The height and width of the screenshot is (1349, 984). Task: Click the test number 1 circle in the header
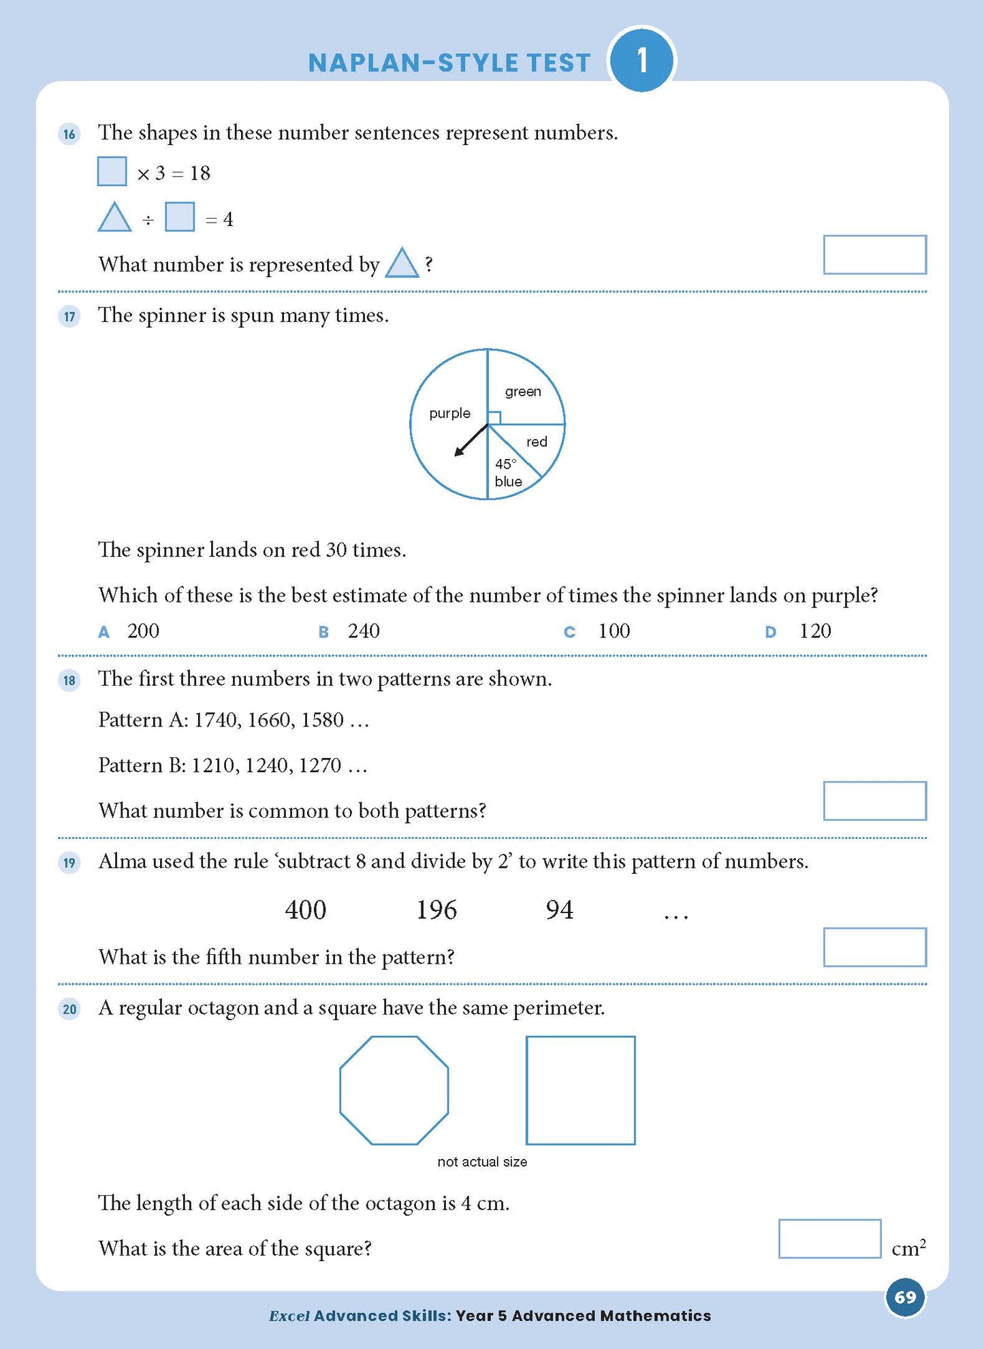tap(641, 61)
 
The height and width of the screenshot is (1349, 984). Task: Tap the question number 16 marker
tap(69, 133)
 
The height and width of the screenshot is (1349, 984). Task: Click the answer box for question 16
tap(874, 255)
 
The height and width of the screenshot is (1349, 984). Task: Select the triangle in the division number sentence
tap(114, 218)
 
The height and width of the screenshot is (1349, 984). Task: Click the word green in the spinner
tap(523, 392)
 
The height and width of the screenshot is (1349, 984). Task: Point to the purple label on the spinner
tap(449, 413)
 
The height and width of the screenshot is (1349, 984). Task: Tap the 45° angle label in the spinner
tap(505, 464)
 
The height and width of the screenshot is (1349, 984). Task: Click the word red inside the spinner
tap(537, 442)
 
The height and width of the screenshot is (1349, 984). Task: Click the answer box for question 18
tap(874, 801)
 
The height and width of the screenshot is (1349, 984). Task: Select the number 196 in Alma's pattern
tap(437, 910)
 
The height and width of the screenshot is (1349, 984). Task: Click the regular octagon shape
tap(394, 1090)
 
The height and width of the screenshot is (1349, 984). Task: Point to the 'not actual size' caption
tap(482, 1162)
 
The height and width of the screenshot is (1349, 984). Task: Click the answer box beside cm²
tap(829, 1239)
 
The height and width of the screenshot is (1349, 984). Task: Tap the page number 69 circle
tap(905, 1297)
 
